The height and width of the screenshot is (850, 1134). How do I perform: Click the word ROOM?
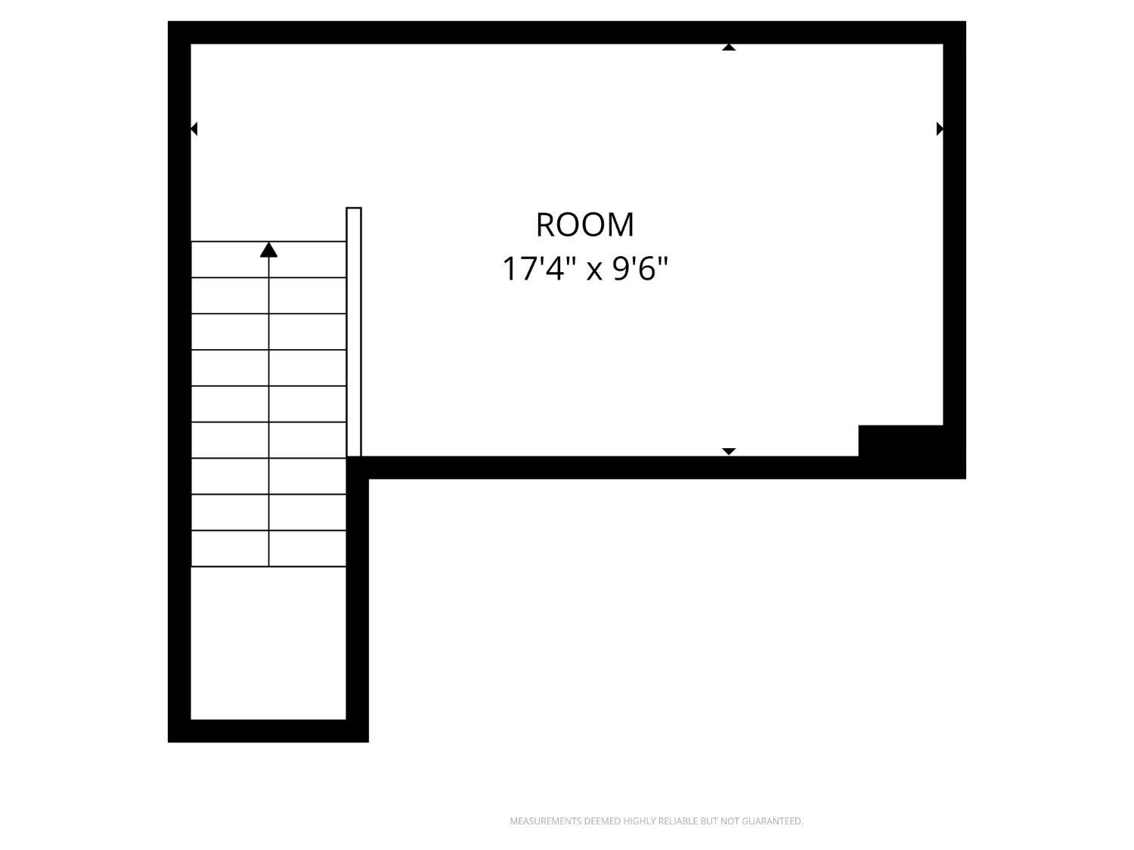[x=584, y=225]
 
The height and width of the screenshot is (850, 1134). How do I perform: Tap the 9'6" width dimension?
[x=640, y=269]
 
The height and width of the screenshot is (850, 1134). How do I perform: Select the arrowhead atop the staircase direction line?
[x=268, y=250]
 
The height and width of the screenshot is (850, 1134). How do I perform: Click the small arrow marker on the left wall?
[x=194, y=128]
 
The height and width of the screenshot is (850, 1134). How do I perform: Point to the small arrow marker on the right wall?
[x=940, y=128]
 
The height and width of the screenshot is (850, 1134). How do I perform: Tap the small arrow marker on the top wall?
[x=729, y=48]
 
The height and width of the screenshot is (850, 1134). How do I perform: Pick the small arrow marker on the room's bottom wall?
[x=729, y=452]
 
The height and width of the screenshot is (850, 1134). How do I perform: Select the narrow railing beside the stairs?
[x=354, y=332]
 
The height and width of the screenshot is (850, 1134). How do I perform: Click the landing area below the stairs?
[x=268, y=643]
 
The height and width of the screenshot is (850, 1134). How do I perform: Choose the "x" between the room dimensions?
[x=595, y=271]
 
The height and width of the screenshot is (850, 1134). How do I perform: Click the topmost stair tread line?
[x=268, y=241]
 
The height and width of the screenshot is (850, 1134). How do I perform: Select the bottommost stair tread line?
[x=268, y=567]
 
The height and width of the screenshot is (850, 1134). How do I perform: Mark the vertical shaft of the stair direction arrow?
[x=268, y=412]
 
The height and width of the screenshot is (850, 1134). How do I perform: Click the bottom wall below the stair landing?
[x=268, y=731]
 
